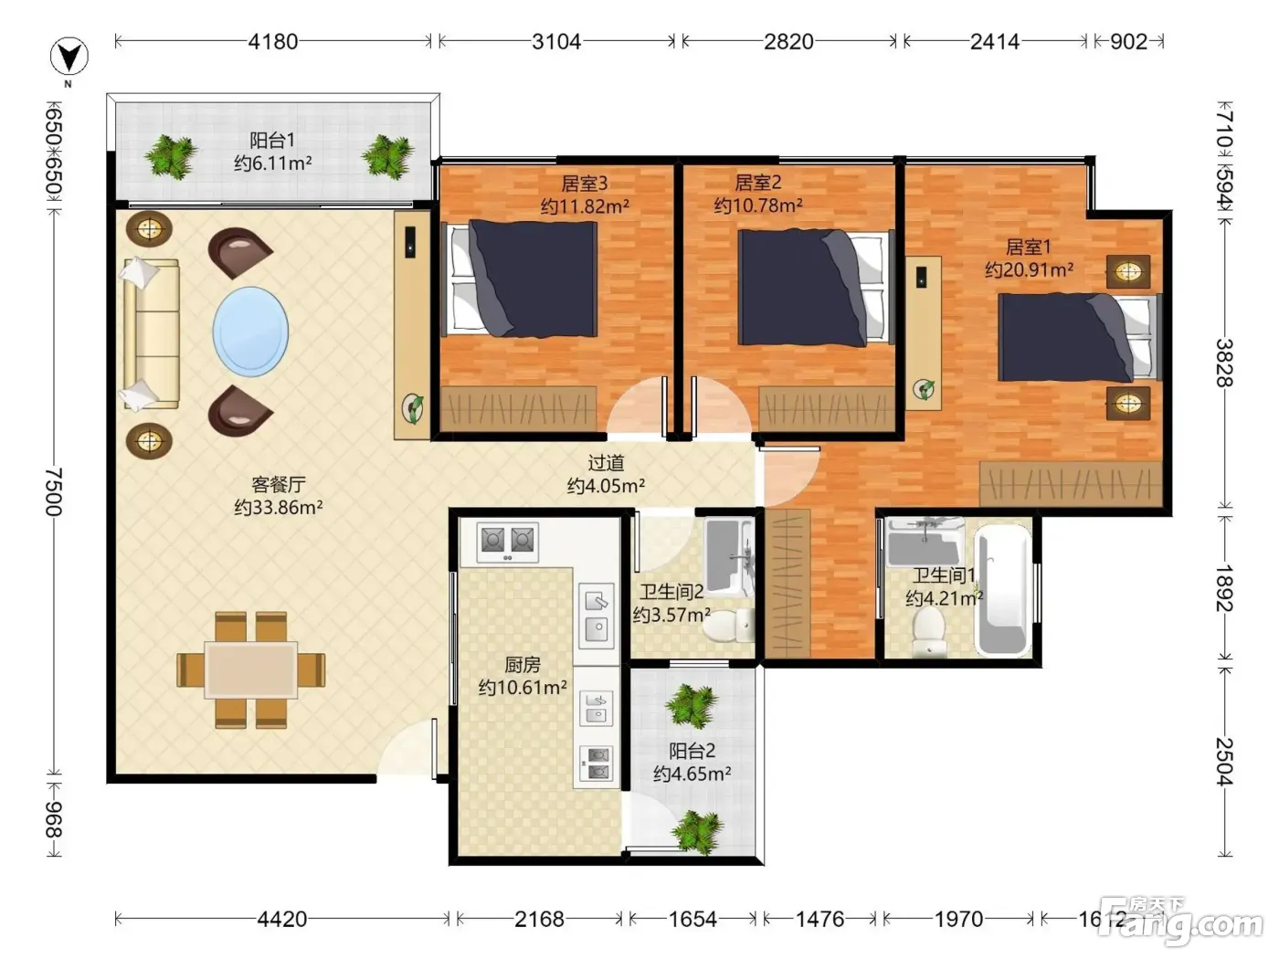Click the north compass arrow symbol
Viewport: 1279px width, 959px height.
point(69,57)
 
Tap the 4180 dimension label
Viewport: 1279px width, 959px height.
point(272,42)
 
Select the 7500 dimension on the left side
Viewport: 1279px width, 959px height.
point(54,491)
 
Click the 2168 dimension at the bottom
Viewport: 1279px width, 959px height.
point(539,919)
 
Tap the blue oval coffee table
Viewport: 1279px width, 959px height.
point(250,332)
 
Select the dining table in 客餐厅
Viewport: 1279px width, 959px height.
point(250,669)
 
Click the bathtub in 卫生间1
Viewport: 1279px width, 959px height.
point(1002,588)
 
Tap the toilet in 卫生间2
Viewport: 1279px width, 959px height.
point(728,626)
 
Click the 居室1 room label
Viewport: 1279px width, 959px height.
point(1029,247)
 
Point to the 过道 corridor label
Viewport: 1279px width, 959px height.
point(606,463)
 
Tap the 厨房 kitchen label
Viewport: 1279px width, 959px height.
point(522,664)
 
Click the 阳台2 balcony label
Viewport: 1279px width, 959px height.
point(692,751)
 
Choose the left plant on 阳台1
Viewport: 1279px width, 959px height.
point(170,155)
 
